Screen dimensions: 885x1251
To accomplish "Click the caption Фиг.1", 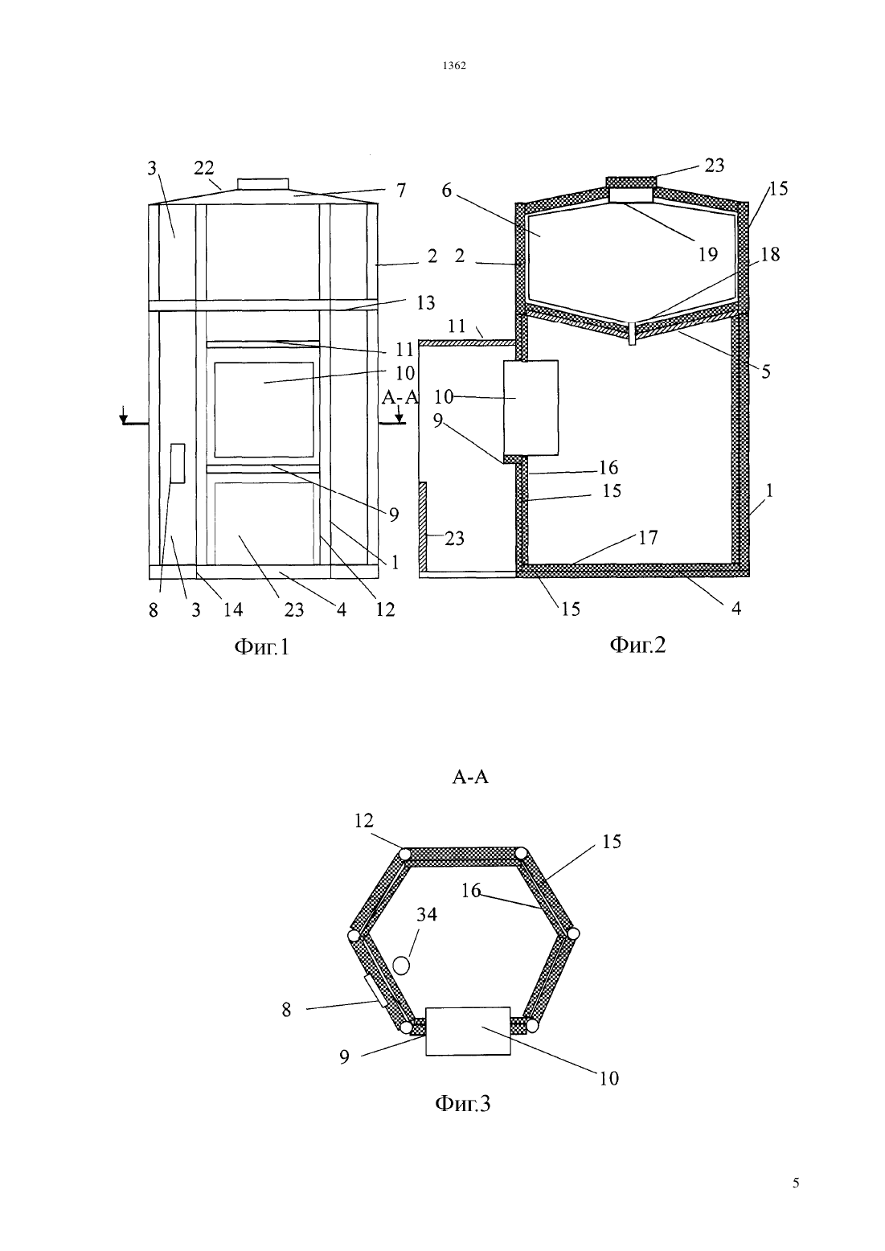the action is tap(262, 646).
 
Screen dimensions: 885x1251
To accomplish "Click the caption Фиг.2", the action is tap(637, 645).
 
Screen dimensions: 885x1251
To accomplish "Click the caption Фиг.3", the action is tap(462, 1104).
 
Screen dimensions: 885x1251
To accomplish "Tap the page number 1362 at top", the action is tap(454, 66).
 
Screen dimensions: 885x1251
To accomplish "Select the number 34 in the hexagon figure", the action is tap(427, 914).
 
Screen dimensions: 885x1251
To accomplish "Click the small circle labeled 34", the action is tap(401, 965).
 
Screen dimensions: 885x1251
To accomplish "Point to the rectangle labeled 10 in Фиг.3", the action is tap(468, 1031).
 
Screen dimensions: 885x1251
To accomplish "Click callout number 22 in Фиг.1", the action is tap(204, 168).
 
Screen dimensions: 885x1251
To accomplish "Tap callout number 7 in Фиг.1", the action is tap(401, 191).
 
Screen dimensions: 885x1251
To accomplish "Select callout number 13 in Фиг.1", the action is tap(425, 302).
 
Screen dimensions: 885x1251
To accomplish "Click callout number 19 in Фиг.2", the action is tap(707, 255).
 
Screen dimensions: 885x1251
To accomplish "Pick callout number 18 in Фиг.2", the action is tap(770, 255).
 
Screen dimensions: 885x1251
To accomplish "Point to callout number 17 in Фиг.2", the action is tap(648, 538).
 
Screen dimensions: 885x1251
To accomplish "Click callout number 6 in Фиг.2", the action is tap(446, 191).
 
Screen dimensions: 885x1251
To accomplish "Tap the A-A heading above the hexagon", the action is tap(470, 777).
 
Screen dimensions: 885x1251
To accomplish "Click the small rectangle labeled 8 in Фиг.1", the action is tap(178, 464).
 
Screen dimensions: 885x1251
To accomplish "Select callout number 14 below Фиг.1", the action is tap(233, 610).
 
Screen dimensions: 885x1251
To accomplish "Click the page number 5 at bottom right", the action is tap(796, 1183).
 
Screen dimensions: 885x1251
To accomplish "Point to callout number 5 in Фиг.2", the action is tap(765, 372).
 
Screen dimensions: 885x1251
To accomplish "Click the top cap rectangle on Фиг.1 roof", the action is tap(262, 184).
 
